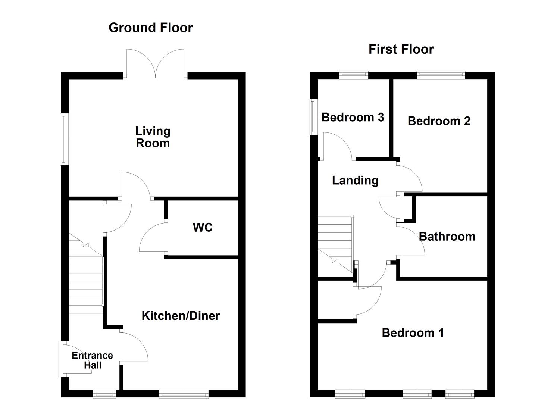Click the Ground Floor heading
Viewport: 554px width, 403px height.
(x=150, y=28)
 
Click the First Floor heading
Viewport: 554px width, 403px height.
(x=401, y=49)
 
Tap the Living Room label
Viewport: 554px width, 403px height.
(x=153, y=137)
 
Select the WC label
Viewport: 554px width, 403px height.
(x=203, y=227)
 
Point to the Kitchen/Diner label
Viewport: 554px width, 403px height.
(x=181, y=316)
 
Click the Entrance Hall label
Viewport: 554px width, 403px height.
(x=92, y=360)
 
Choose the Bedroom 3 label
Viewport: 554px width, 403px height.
(x=353, y=117)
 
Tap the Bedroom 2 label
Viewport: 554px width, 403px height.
(x=439, y=121)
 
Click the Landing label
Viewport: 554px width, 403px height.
(x=355, y=181)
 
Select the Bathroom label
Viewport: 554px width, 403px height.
(x=447, y=237)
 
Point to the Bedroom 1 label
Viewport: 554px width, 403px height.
(x=413, y=333)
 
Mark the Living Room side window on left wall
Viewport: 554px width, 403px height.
(x=64, y=139)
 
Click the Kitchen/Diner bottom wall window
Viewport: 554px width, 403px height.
(x=183, y=394)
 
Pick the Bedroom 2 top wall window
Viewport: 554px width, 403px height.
(x=441, y=75)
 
